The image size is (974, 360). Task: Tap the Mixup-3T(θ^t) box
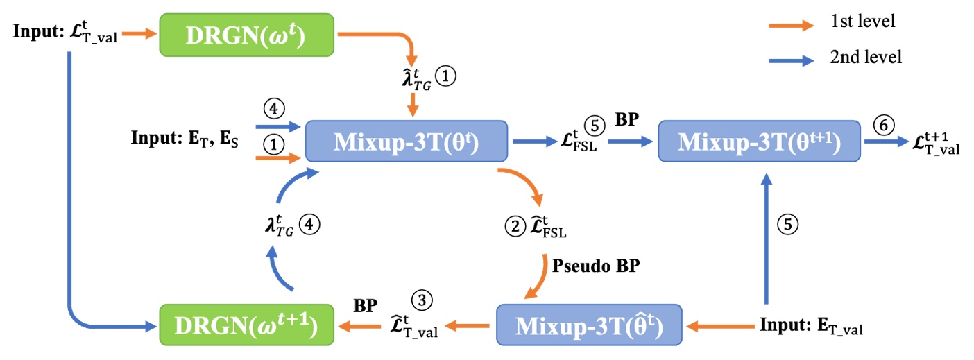tap(407, 142)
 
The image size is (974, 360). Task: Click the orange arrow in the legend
tap(792, 24)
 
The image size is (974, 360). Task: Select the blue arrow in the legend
tap(792, 60)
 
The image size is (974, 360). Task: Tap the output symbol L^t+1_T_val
tap(936, 142)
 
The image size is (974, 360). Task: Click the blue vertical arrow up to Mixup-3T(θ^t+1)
tap(765, 236)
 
